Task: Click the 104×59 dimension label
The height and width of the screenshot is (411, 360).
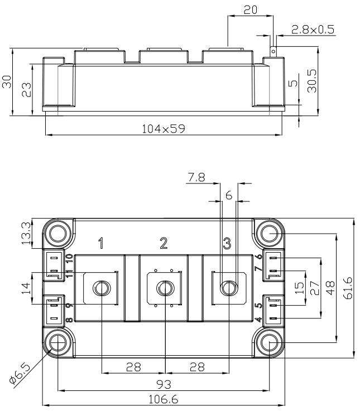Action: pyautogui.click(x=164, y=129)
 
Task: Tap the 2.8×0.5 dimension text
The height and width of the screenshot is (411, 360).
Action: pyautogui.click(x=313, y=30)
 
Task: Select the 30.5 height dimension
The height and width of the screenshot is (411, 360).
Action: pyautogui.click(x=312, y=81)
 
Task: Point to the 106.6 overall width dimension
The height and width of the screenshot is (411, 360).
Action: pyautogui.click(x=163, y=399)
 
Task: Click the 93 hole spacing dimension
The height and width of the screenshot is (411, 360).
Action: pyautogui.click(x=164, y=385)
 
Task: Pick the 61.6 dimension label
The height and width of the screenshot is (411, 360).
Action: pyautogui.click(x=347, y=288)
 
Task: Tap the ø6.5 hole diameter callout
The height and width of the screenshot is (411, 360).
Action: pyautogui.click(x=20, y=373)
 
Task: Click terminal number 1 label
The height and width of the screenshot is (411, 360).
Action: pyautogui.click(x=101, y=243)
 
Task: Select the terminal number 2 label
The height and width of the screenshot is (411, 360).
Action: pyautogui.click(x=164, y=243)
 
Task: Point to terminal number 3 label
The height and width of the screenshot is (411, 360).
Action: pyautogui.click(x=227, y=243)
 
